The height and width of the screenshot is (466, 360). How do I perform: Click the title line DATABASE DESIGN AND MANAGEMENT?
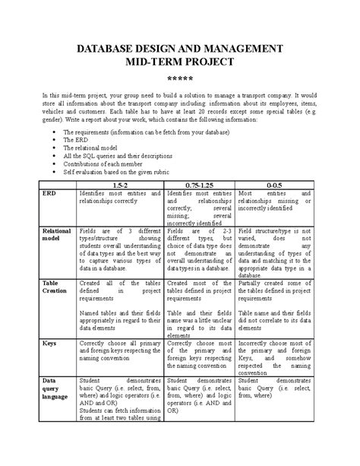180,49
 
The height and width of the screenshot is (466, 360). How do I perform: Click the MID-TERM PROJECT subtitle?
180,62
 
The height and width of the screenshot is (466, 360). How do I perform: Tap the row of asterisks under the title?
180,78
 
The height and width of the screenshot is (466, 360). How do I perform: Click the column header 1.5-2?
119,185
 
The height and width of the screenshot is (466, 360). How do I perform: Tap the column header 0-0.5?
273,185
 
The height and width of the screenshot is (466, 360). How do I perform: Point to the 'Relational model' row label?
58,233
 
